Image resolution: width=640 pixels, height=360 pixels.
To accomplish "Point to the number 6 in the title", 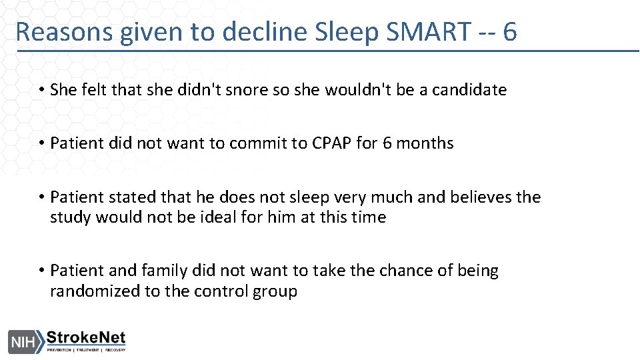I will pos(510,32).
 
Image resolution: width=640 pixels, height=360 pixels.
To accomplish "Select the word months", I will pos(427,143).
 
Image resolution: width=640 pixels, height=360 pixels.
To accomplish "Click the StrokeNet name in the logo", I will pos(85,337).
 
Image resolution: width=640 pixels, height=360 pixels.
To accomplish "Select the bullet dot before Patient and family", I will pos(41,271).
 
